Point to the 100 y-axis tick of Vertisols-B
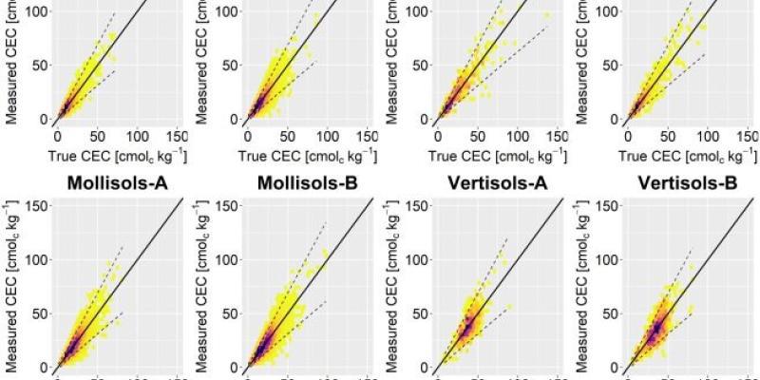tap(603, 261)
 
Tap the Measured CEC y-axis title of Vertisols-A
tap(392, 294)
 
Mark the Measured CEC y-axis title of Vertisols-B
tap(580, 294)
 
